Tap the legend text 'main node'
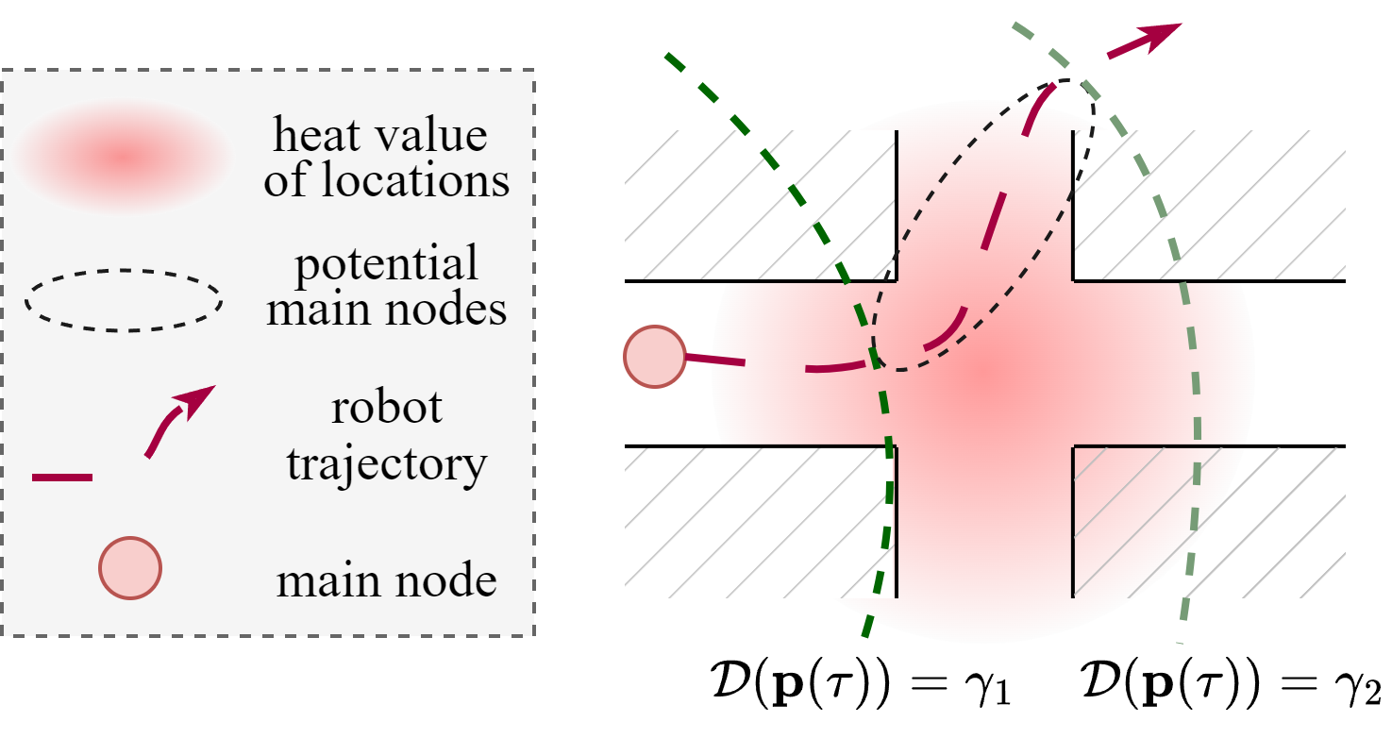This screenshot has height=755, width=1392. pyautogui.click(x=387, y=579)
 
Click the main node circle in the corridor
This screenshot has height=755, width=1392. pyautogui.click(x=653, y=357)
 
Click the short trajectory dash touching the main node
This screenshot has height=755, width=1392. pyautogui.click(x=714, y=360)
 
